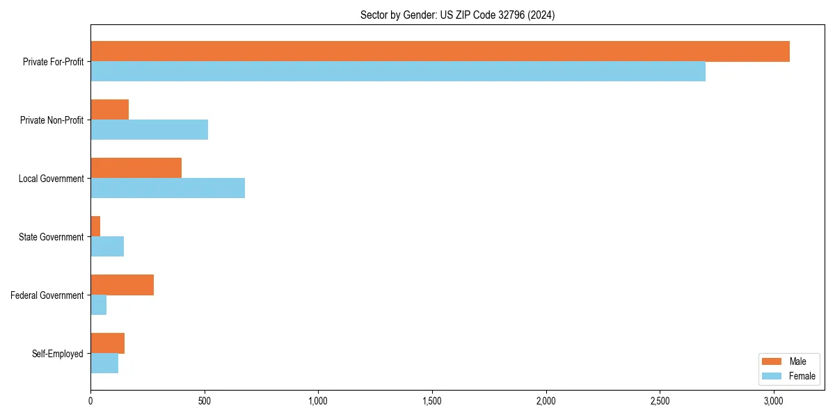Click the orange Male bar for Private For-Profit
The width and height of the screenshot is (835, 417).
[440, 51]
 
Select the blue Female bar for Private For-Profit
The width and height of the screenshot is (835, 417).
[398, 71]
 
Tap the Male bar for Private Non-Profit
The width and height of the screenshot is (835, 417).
[110, 110]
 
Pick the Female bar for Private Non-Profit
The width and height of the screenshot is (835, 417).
[150, 129]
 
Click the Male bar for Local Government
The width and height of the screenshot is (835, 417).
[136, 168]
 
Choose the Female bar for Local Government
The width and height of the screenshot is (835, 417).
[168, 188]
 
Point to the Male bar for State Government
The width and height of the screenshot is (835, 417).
[95, 227]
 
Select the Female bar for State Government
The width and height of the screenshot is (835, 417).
[107, 246]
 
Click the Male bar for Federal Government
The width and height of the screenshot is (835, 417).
[122, 285]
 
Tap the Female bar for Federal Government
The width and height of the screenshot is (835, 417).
[99, 304]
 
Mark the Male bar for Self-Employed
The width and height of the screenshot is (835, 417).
[108, 343]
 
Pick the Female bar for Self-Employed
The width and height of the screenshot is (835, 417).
[104, 363]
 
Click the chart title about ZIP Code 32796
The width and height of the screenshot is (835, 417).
[457, 15]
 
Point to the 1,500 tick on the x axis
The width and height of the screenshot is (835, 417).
[432, 401]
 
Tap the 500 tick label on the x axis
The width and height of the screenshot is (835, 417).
[205, 401]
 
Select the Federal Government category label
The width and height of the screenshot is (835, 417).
[47, 295]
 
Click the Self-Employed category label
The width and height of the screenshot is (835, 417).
[58, 354]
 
